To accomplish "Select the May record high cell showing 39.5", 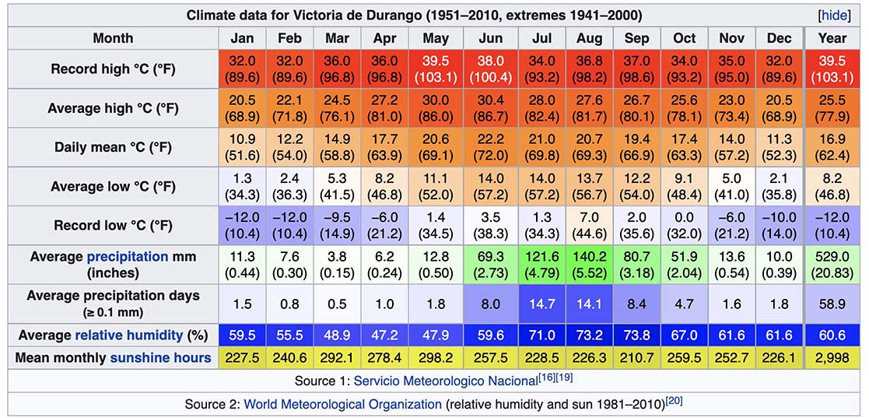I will tap(435, 69).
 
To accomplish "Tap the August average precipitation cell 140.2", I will tap(590, 265).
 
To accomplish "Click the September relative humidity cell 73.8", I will tap(637, 335).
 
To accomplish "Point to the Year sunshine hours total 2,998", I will tap(832, 357).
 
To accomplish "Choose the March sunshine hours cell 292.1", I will tap(337, 357).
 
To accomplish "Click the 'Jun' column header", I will tap(489, 38).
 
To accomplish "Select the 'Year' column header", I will tap(832, 38).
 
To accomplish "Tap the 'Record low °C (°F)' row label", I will tap(114, 226).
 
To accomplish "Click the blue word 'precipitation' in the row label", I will tap(128, 256).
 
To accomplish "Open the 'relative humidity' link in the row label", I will tap(129, 335).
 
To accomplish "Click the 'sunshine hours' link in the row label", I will tap(160, 357).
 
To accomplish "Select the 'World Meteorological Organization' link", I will tap(342, 404).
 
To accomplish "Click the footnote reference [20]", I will tap(674, 401).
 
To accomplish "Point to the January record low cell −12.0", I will tap(242, 226).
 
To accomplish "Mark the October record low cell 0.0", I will tap(685, 226).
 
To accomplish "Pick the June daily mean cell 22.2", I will tap(489, 147).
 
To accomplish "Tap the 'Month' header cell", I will tap(114, 38).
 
